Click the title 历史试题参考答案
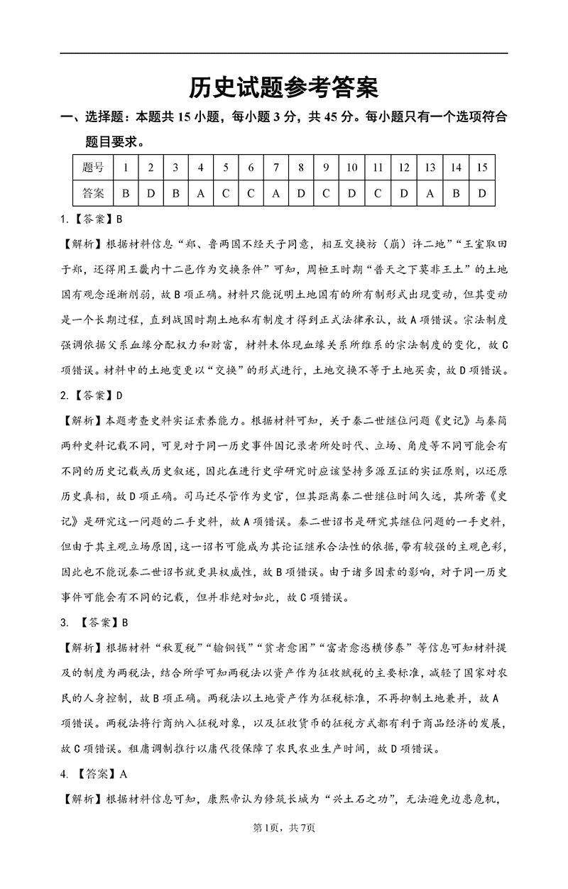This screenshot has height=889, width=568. click(283, 87)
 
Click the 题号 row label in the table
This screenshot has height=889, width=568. click(93, 168)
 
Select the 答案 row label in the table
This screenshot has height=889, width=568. click(93, 192)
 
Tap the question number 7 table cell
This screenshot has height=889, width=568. click(275, 168)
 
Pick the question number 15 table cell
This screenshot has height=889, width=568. click(481, 168)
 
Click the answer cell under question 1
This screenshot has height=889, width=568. click(126, 192)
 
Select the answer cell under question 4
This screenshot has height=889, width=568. click(201, 192)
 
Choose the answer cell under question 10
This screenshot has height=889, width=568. click(351, 192)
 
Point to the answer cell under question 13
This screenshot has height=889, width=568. click(430, 192)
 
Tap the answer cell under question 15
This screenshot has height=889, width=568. click(481, 192)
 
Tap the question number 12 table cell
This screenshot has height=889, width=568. click(403, 168)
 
